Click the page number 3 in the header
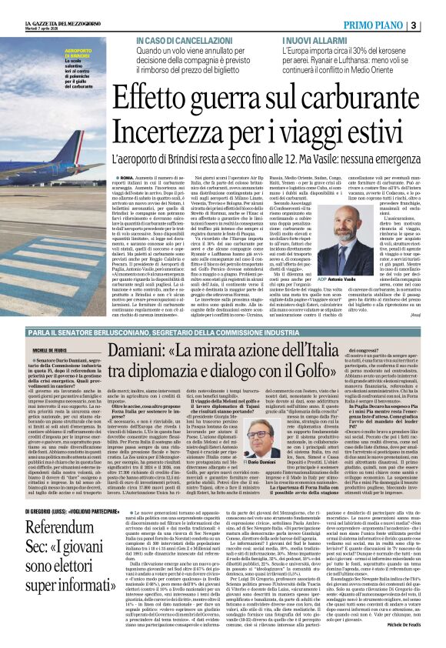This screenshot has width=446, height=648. click(435, 25)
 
